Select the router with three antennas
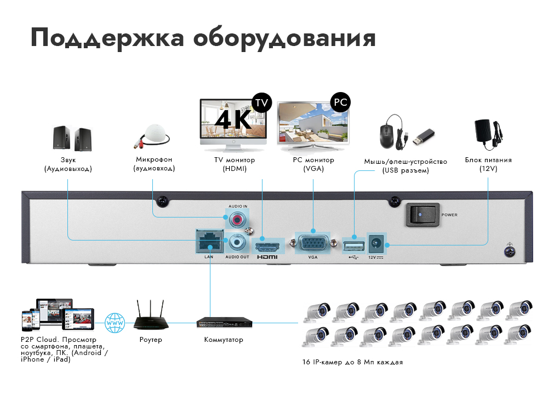(x=151, y=318)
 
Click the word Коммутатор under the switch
(x=224, y=340)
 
